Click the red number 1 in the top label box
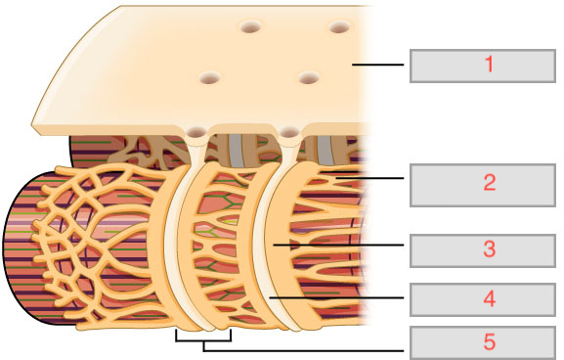[x=488, y=66]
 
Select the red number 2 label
[x=488, y=182]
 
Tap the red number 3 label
[x=488, y=249]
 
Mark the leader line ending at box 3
[x=342, y=247]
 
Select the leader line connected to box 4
[x=342, y=296]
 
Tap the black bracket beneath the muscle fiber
[x=203, y=339]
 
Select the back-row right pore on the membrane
[x=339, y=28]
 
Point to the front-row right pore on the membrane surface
[x=310, y=77]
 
